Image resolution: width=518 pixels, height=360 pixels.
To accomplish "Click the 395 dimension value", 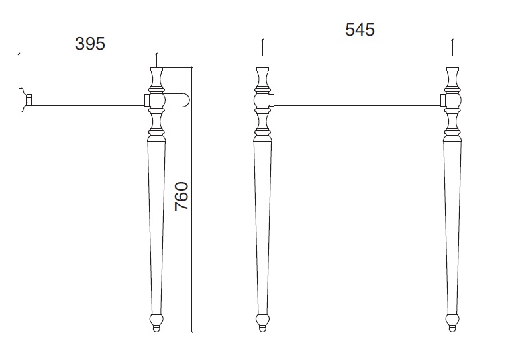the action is pos(90,44).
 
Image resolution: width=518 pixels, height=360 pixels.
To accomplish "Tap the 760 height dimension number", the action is pos(181,197).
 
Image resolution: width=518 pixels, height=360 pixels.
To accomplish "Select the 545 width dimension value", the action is pos(360,30).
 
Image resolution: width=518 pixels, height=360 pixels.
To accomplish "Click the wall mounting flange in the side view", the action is pos(23,100).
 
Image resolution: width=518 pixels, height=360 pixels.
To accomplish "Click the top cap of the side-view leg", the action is pos(156,69).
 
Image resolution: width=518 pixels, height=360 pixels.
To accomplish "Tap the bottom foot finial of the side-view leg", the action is pos(156,322).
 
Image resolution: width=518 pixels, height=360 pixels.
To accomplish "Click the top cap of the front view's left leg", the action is pos(262,69).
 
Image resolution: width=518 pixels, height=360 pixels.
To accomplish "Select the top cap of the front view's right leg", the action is pos(452,69).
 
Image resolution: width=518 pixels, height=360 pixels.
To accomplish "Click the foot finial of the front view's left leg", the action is pos(262,322).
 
